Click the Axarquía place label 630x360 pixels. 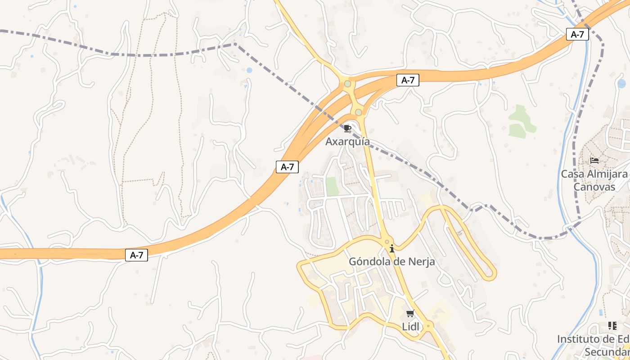pyautogui.click(x=347, y=142)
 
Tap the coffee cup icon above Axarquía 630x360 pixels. pyautogui.click(x=347, y=129)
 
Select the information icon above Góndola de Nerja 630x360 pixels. pyautogui.click(x=392, y=248)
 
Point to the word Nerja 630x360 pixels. pyautogui.click(x=420, y=261)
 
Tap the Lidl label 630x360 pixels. pyautogui.click(x=409, y=327)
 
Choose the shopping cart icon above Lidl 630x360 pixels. pyautogui.click(x=409, y=314)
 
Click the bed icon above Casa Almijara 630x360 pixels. pyautogui.click(x=594, y=161)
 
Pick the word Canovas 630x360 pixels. pyautogui.click(x=594, y=186)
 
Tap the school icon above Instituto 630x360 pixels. pyautogui.click(x=612, y=325)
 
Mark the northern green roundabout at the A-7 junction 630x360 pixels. pyautogui.click(x=347, y=84)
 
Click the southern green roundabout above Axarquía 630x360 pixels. pyautogui.click(x=358, y=112)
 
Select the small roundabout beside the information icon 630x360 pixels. pyautogui.click(x=387, y=242)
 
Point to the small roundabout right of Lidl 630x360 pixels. pyautogui.click(x=428, y=325)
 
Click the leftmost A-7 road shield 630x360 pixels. pyautogui.click(x=136, y=255)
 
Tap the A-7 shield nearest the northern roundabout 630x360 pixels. pyautogui.click(x=408, y=81)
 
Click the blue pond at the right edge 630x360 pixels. pyautogui.click(x=622, y=83)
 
